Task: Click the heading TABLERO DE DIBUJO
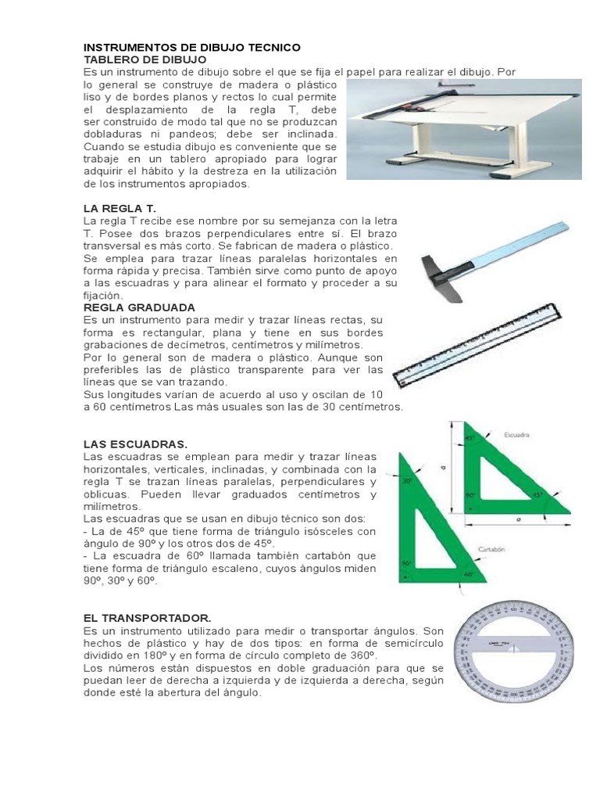pyautogui.click(x=145, y=59)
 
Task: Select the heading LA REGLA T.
pyautogui.click(x=120, y=209)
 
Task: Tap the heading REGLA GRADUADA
pyautogui.click(x=139, y=307)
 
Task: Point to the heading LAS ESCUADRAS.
pyautogui.click(x=135, y=444)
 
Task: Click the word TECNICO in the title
pyautogui.click(x=267, y=48)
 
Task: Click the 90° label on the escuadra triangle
pyautogui.click(x=470, y=495)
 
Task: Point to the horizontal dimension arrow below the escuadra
pyautogui.click(x=520, y=518)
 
